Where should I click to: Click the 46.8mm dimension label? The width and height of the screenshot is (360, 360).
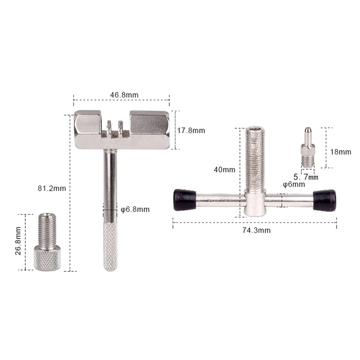click(x=124, y=95)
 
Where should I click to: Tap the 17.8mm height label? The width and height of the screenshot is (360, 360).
click(x=191, y=130)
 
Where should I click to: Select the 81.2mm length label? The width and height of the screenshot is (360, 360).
click(x=52, y=188)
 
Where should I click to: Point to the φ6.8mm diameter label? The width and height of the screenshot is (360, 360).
click(x=135, y=209)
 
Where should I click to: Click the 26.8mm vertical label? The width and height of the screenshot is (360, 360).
click(x=18, y=241)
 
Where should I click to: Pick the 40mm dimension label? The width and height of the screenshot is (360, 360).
click(x=225, y=170)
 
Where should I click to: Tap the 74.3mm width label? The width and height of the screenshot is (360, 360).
click(x=256, y=230)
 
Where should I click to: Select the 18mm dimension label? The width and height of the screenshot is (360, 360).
click(x=341, y=152)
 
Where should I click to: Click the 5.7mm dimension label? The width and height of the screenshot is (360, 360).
click(x=306, y=177)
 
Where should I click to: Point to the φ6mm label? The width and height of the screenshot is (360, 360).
click(x=294, y=184)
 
